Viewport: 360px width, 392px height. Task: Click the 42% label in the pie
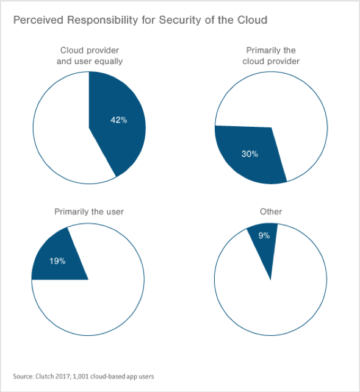tap(119, 120)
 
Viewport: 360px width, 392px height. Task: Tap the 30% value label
tap(250, 154)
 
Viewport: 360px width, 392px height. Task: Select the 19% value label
tap(57, 261)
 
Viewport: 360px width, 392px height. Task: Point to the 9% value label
tap(264, 235)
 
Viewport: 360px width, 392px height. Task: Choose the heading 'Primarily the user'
tap(89, 212)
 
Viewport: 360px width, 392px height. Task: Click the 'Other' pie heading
tap(271, 212)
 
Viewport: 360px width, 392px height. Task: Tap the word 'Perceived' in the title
tap(38, 20)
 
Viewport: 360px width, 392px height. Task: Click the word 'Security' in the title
tap(180, 20)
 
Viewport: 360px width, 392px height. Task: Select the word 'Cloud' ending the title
tap(253, 20)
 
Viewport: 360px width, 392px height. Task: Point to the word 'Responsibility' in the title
tap(103, 20)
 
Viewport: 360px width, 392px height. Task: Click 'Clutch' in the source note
tap(43, 376)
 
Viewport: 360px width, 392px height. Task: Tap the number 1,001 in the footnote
tap(81, 377)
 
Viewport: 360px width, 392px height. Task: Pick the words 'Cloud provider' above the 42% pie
tap(90, 51)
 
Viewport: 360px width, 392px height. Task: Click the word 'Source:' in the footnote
tap(23, 376)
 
